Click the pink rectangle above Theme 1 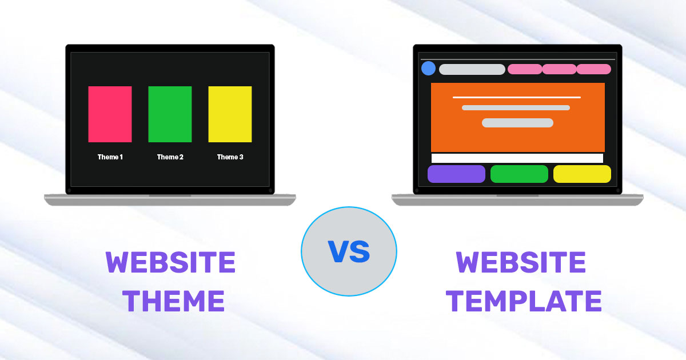click(110, 114)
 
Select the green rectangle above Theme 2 click(170, 114)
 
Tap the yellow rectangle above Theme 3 click(230, 114)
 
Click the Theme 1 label click(110, 157)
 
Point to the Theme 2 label click(170, 157)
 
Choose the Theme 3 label click(230, 157)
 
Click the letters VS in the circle click(349, 251)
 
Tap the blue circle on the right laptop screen click(428, 69)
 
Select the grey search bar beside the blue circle click(472, 69)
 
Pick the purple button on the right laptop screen click(456, 174)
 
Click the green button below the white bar click(519, 174)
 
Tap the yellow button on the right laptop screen click(582, 174)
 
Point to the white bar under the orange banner click(517, 158)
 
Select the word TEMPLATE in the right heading click(524, 301)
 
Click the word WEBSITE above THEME click(170, 263)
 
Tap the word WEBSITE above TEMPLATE click(521, 263)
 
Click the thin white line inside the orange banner click(517, 97)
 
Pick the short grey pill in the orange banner click(517, 123)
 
